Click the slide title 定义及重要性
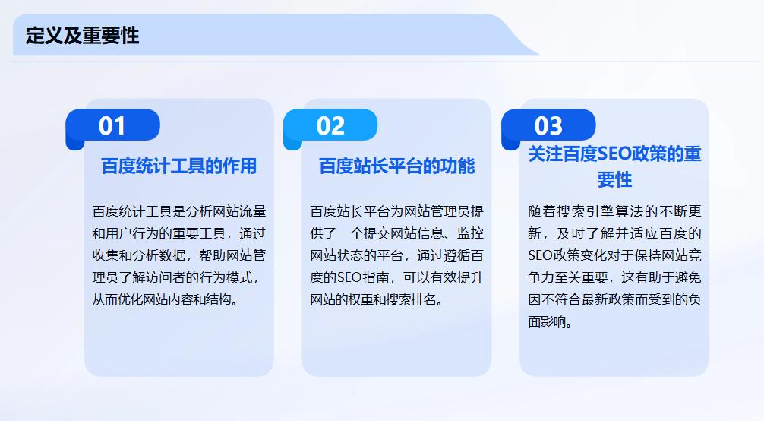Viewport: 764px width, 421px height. (82, 35)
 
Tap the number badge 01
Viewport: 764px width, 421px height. (112, 125)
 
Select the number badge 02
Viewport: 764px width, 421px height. (330, 125)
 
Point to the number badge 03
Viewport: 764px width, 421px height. (548, 125)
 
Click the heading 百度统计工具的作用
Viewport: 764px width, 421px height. (179, 166)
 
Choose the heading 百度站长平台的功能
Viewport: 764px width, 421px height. (396, 166)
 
